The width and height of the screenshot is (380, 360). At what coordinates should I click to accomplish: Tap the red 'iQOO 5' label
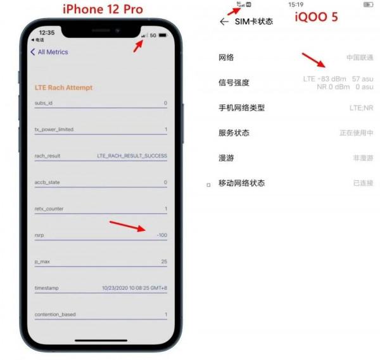tap(316, 17)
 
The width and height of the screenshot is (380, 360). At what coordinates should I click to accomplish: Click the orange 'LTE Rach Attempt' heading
tap(63, 87)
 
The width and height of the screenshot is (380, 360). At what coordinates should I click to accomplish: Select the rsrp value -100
tap(161, 235)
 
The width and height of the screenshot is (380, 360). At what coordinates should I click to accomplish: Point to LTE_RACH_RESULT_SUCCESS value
tap(132, 156)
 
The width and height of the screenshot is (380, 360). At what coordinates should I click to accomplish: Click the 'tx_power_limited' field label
tap(54, 129)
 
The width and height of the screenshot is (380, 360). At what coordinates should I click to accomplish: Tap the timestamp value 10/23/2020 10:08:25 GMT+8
tap(134, 288)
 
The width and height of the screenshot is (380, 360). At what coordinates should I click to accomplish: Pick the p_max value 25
tap(163, 261)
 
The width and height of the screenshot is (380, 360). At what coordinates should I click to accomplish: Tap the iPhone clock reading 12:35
tap(46, 32)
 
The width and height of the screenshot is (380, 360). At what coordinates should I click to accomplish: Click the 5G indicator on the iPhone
tap(153, 35)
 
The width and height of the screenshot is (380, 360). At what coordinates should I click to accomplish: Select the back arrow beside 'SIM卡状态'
tap(223, 22)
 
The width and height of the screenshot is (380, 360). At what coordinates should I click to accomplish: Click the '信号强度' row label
tap(234, 82)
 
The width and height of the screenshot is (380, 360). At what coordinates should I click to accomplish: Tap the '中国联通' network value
tap(359, 58)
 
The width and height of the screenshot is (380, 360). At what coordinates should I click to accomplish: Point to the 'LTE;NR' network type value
tap(361, 108)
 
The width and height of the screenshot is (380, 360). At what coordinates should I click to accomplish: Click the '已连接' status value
tap(363, 183)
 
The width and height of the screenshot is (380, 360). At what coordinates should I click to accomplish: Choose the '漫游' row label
tap(226, 158)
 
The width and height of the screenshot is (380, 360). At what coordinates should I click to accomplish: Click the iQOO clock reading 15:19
tap(295, 4)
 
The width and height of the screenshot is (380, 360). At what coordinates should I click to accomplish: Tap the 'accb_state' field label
tap(47, 182)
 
